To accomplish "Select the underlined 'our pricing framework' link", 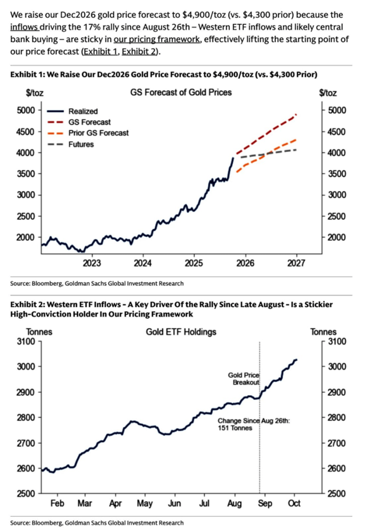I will (157, 39).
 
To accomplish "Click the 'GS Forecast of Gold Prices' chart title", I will (181, 92).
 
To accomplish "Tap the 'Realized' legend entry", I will (83, 111).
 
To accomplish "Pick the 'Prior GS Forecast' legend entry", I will (98, 133).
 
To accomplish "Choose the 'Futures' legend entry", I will (81, 144).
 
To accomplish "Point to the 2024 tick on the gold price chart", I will (143, 263).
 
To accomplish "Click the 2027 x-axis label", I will (296, 263).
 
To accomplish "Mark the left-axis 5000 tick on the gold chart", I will (26, 110).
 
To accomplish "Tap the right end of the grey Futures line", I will (295, 150).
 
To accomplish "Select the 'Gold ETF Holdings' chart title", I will (181, 332).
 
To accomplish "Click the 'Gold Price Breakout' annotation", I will (244, 379).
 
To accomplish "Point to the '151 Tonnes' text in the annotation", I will (235, 428).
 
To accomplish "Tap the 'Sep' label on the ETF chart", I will (265, 503).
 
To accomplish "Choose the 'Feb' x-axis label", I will (57, 503).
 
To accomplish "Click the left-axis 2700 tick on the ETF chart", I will (26, 443).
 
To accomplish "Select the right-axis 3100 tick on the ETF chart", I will (337, 342).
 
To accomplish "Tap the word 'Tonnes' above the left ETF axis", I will (39, 332).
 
